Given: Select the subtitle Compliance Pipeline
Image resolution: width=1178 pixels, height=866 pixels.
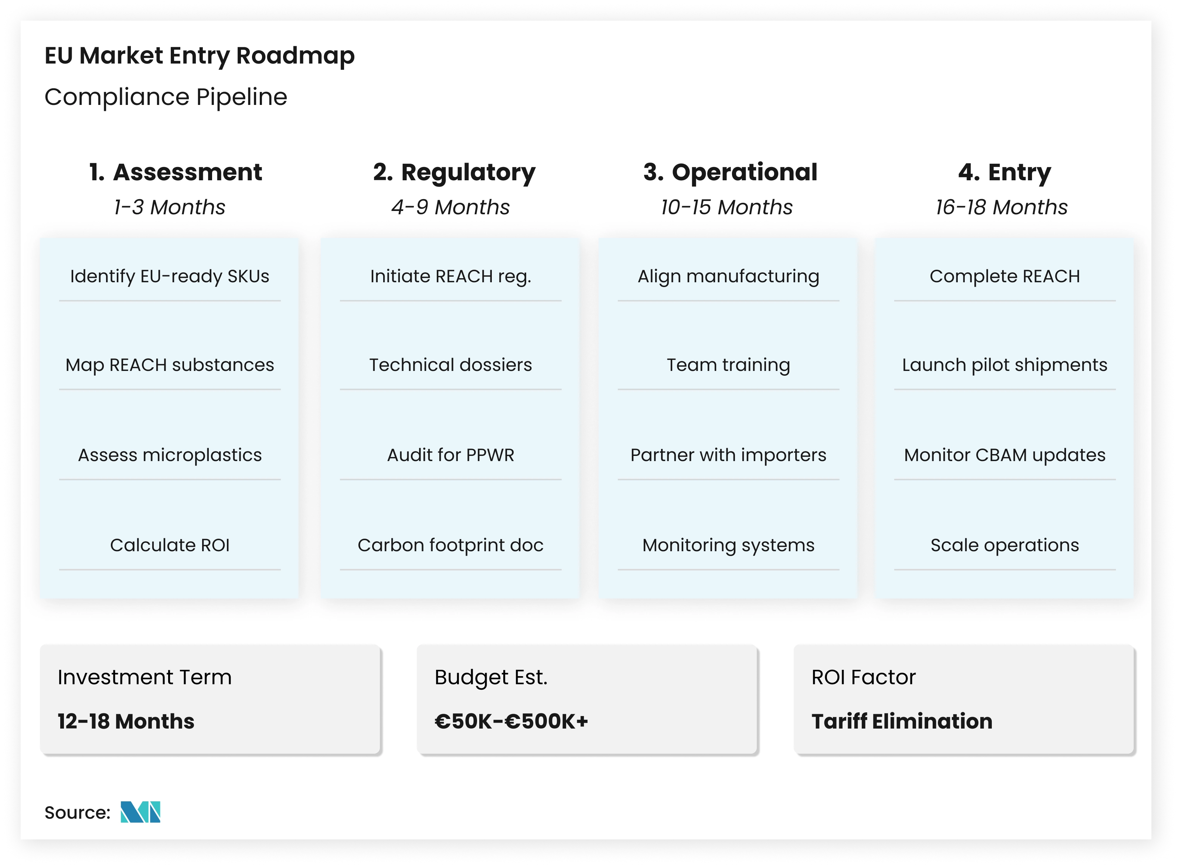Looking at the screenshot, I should click(166, 97).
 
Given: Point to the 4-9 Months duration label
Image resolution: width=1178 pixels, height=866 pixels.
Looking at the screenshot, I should click(450, 207).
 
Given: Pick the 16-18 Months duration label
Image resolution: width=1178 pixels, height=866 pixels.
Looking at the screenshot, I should click(1001, 207).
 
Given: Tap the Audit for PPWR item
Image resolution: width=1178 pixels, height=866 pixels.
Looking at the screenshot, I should click(450, 455).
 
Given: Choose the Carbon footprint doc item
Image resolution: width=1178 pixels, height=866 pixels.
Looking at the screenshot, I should click(450, 545).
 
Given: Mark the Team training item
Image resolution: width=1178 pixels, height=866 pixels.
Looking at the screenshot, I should click(728, 365).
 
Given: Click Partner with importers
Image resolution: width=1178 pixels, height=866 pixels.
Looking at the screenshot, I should click(728, 455).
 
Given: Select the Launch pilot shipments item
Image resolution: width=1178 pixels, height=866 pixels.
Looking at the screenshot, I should click(1004, 365).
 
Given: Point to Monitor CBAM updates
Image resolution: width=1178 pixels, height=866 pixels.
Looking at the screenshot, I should click(1004, 455).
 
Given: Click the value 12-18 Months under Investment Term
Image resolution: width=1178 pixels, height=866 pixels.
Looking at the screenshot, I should click(126, 721).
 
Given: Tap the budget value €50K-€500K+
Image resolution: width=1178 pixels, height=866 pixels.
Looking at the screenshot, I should click(511, 721).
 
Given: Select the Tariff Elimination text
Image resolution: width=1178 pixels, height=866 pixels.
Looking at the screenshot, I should click(902, 721).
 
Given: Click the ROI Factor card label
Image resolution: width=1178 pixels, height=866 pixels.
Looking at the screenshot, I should click(864, 677).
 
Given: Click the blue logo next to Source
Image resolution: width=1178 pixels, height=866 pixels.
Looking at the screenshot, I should click(140, 812).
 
